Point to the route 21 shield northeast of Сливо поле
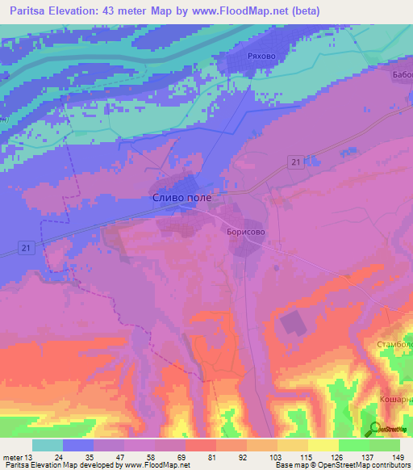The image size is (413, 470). (x=295, y=163)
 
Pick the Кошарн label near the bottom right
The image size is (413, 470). (x=396, y=401)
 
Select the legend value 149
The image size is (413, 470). (x=398, y=457)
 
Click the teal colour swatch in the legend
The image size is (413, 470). (x=48, y=445)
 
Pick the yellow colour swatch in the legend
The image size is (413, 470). (x=323, y=445)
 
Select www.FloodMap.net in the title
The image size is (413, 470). (x=248, y=11)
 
